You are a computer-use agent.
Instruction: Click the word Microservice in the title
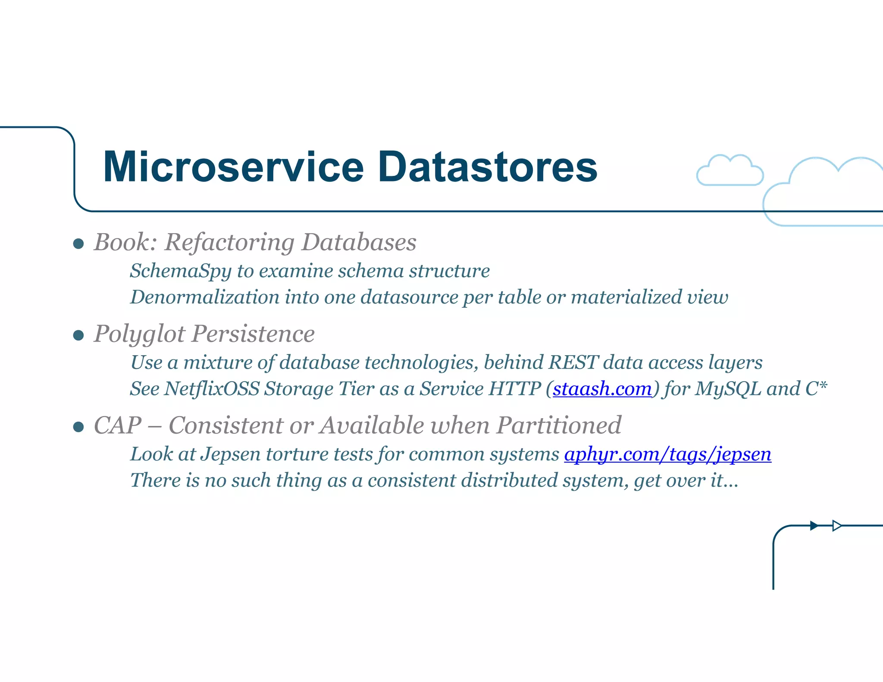click(x=233, y=167)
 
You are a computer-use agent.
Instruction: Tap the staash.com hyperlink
click(x=602, y=389)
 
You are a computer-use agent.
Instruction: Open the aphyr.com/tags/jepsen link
click(x=667, y=454)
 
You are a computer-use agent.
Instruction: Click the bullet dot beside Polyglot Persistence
click(x=78, y=335)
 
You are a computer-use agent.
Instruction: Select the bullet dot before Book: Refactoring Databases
click(x=78, y=244)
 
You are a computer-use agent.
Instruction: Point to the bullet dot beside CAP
click(x=78, y=427)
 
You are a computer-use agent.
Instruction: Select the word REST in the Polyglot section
click(x=573, y=363)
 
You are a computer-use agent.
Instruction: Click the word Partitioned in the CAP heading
click(x=559, y=425)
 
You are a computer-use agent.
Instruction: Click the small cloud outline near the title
click(x=730, y=171)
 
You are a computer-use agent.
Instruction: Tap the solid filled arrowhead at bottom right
click(x=814, y=526)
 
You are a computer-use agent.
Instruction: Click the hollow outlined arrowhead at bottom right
click(x=836, y=526)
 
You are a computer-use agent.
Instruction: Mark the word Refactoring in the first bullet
click(x=229, y=242)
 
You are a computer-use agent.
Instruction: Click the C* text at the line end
click(x=816, y=389)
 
